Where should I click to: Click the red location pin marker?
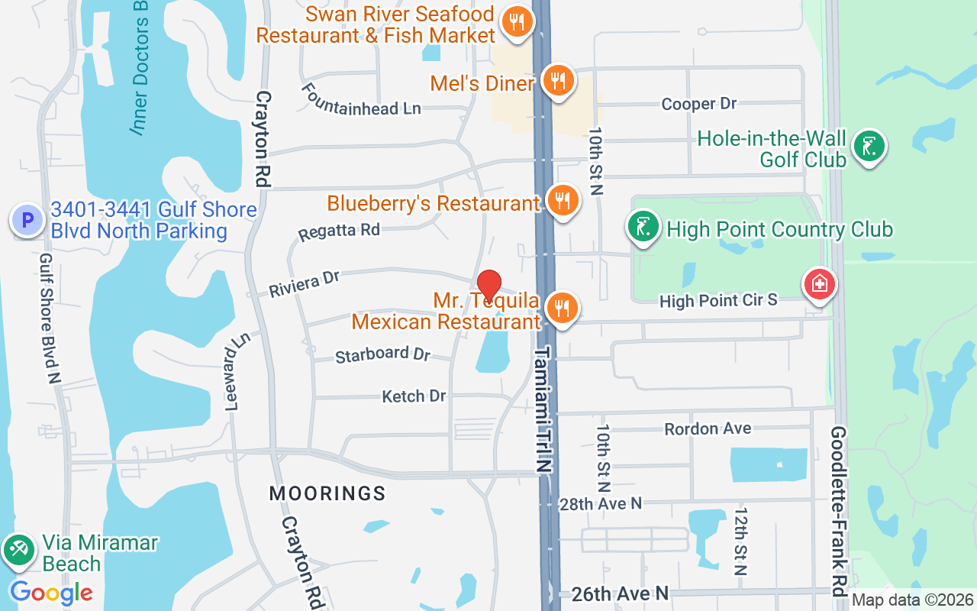tap(488, 286)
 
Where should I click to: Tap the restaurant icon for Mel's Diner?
tap(559, 79)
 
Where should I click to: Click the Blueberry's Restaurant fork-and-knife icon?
tap(563, 201)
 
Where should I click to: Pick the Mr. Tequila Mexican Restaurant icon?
tap(563, 308)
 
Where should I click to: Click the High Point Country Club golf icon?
tap(643, 227)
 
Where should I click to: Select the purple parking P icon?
tap(27, 220)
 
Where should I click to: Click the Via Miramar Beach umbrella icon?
tap(18, 550)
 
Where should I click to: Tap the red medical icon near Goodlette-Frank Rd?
tap(820, 285)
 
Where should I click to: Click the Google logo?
tap(51, 593)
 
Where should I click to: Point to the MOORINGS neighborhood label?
tap(327, 493)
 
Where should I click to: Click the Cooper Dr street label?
tap(699, 104)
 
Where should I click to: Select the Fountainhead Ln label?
tap(360, 100)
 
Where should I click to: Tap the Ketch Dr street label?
tap(414, 396)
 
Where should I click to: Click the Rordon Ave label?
tap(708, 428)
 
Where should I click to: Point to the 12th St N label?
tap(740, 541)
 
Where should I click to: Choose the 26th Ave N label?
tap(620, 593)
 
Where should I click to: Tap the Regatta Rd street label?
tap(339, 231)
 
